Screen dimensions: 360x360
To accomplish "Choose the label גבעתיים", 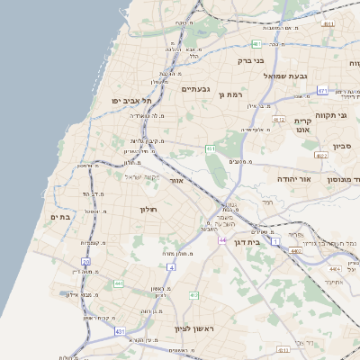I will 195,89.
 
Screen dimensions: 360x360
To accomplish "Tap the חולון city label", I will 148,210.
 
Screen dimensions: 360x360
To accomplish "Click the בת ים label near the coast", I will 60,217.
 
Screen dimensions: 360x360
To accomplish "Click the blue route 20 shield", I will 86,261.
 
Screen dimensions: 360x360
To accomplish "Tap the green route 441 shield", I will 118,284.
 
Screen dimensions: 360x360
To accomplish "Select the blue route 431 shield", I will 120,332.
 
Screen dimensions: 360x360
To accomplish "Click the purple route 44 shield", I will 222,240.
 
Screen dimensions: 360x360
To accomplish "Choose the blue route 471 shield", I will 322,91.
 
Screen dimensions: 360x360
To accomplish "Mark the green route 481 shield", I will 257,43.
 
